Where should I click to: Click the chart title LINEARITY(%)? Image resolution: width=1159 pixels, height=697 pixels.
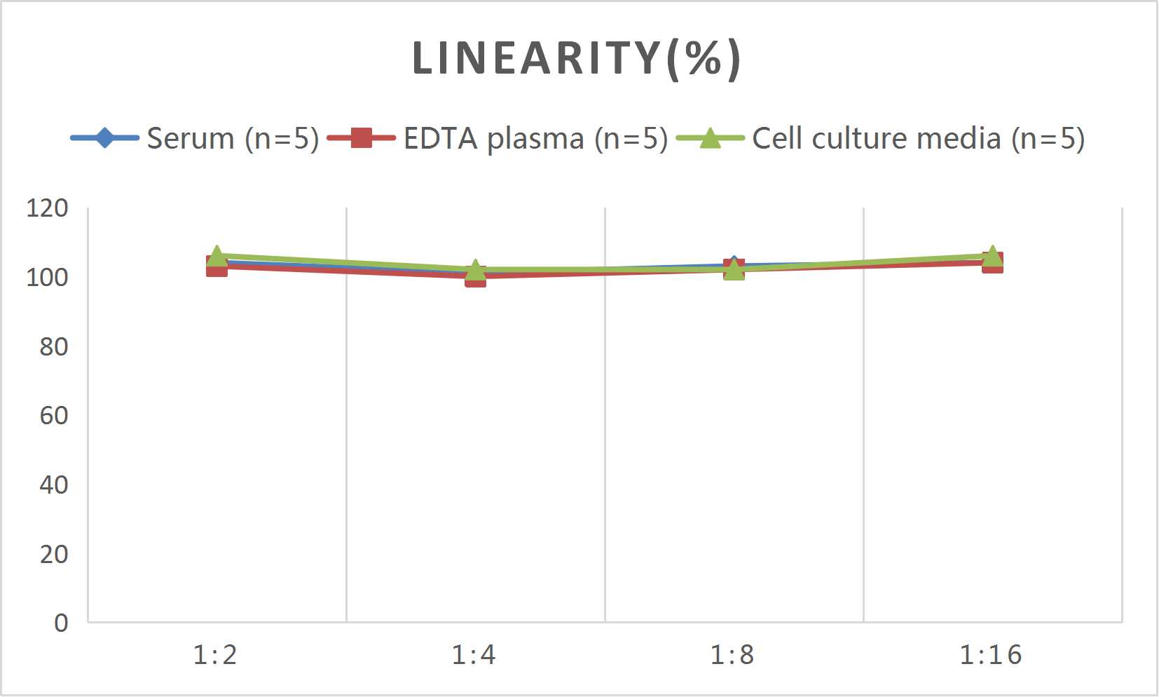coord(576,58)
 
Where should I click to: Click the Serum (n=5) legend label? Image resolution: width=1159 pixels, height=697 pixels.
coord(233,138)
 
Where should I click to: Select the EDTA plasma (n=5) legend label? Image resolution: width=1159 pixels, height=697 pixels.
coord(535,138)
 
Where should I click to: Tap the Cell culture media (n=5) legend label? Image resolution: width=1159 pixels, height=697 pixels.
coord(918,138)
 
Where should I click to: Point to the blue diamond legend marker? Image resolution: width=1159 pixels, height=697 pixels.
coord(104,138)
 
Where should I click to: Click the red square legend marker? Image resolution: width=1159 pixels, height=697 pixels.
coord(361,138)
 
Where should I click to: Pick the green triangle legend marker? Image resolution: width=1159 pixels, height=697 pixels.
coord(710,138)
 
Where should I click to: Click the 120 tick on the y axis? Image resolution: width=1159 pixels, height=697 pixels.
coord(47,208)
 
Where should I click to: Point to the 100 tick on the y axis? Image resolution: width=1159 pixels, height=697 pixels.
coord(47,278)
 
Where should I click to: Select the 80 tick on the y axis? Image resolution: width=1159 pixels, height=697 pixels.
coord(53,346)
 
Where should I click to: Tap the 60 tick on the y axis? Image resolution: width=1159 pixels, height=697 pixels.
coord(53,416)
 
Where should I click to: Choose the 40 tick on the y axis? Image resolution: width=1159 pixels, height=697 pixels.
coord(53,485)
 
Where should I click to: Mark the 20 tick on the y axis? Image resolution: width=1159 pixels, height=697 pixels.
coord(53,554)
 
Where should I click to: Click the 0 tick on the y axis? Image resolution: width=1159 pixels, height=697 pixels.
coord(61,623)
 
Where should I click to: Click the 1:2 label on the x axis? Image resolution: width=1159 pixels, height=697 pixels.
coord(215,655)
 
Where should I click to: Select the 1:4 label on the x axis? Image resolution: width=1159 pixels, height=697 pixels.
coord(474,655)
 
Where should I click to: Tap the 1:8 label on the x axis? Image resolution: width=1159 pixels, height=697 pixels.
coord(732,655)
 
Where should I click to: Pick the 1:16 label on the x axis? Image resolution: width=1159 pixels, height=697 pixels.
coord(991,655)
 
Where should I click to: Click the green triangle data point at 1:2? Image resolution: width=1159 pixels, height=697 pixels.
coord(217,256)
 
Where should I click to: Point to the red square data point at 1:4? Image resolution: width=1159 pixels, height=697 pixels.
coord(476,276)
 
